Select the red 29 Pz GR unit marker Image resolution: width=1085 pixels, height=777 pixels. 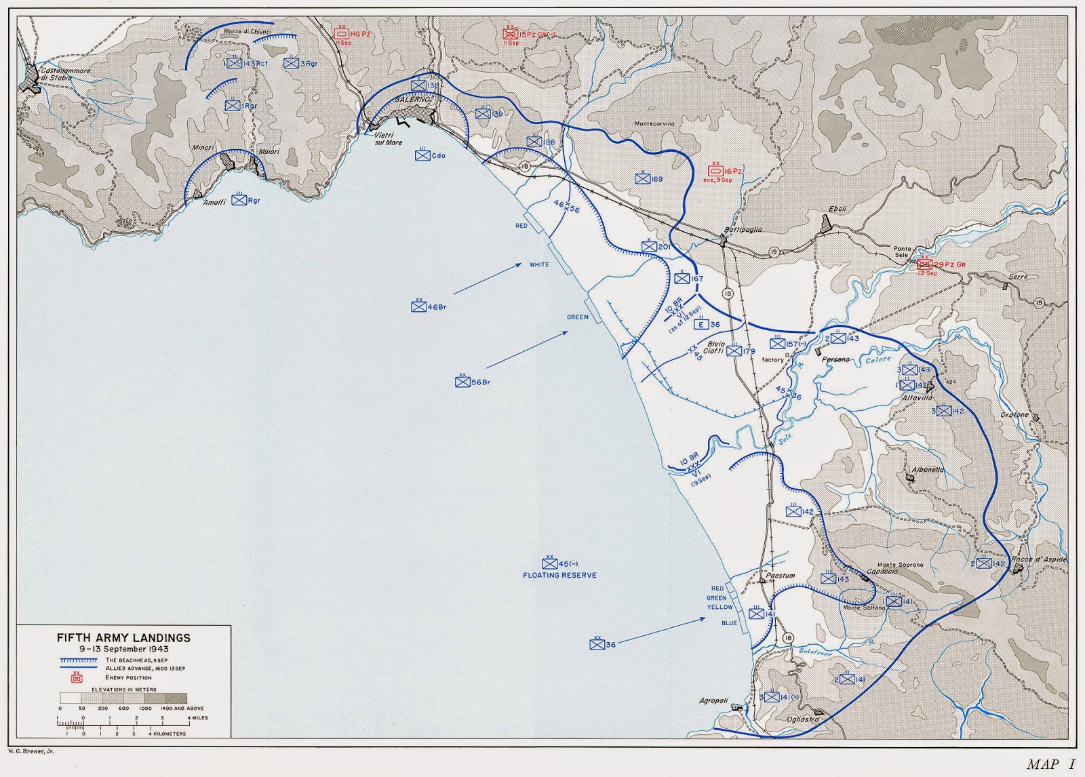click(925, 264)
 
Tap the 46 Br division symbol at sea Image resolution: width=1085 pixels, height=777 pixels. click(418, 306)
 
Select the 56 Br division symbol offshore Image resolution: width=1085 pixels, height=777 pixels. click(463, 382)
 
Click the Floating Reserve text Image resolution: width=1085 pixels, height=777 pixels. click(559, 575)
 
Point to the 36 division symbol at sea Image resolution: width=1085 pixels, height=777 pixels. click(597, 645)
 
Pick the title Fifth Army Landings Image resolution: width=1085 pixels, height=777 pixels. click(123, 638)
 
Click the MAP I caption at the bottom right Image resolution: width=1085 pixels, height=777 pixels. click(1050, 765)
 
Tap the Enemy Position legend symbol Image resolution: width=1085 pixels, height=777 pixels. click(77, 677)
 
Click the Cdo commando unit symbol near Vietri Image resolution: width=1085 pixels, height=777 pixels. click(422, 155)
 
